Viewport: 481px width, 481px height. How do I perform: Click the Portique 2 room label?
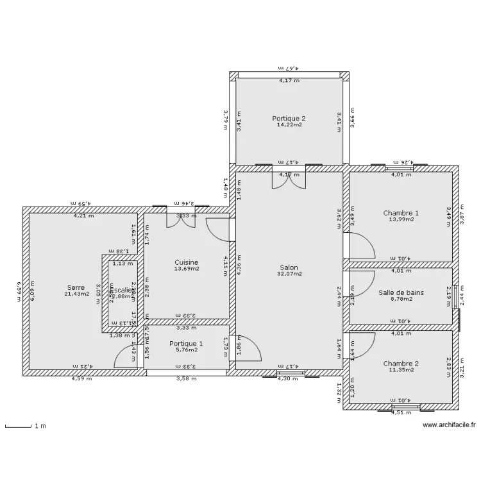[x=289, y=118]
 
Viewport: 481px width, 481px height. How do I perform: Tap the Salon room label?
[x=289, y=267]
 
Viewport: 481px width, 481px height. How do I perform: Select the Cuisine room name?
[x=187, y=262]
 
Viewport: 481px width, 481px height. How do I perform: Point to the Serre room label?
[x=76, y=287]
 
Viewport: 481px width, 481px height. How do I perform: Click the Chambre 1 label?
[x=401, y=213]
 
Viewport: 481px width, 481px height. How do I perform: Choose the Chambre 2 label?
[x=401, y=364]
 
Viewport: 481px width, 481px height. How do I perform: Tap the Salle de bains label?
[x=401, y=292]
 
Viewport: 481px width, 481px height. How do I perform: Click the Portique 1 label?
[x=187, y=344]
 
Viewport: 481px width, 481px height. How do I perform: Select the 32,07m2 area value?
[x=289, y=274]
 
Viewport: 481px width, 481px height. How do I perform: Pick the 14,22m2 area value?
[x=289, y=124]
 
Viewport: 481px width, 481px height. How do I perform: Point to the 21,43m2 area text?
[x=76, y=294]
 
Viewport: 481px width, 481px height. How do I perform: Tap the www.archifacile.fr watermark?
[x=449, y=425]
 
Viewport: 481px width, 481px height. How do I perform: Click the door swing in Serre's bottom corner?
[x=125, y=358]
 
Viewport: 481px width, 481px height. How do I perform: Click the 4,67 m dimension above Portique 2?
[x=289, y=67]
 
